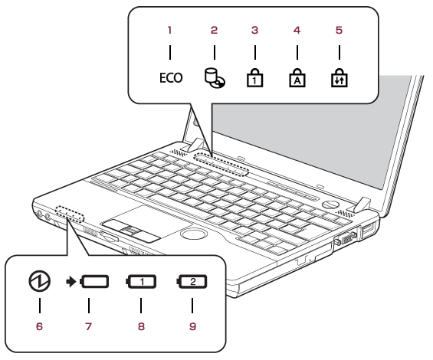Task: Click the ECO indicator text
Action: tap(171, 78)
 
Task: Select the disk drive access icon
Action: tap(215, 79)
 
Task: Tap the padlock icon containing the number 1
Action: tap(254, 78)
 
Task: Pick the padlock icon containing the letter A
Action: tap(297, 78)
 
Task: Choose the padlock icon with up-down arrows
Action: tap(340, 78)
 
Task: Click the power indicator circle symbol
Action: tap(40, 281)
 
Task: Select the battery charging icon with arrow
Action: tap(87, 282)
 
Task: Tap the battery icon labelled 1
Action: tap(141, 282)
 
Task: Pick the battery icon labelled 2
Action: tap(192, 282)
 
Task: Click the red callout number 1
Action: tap(170, 30)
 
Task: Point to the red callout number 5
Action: tap(339, 30)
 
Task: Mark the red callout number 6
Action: tap(40, 326)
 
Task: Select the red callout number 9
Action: tap(192, 326)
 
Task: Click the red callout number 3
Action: tap(254, 30)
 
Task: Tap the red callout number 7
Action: tap(88, 326)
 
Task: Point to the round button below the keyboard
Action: tap(194, 234)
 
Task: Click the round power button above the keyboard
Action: tap(330, 205)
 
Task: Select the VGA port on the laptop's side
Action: tap(346, 238)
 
